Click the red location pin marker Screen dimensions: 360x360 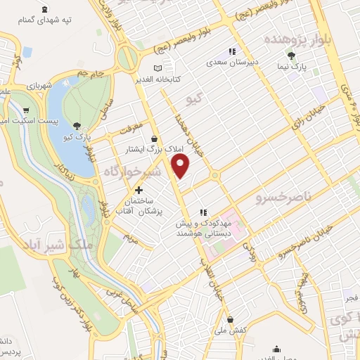tap(181, 166)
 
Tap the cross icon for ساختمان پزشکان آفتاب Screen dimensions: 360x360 tap(139, 190)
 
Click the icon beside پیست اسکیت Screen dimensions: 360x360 tap(27, 110)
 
